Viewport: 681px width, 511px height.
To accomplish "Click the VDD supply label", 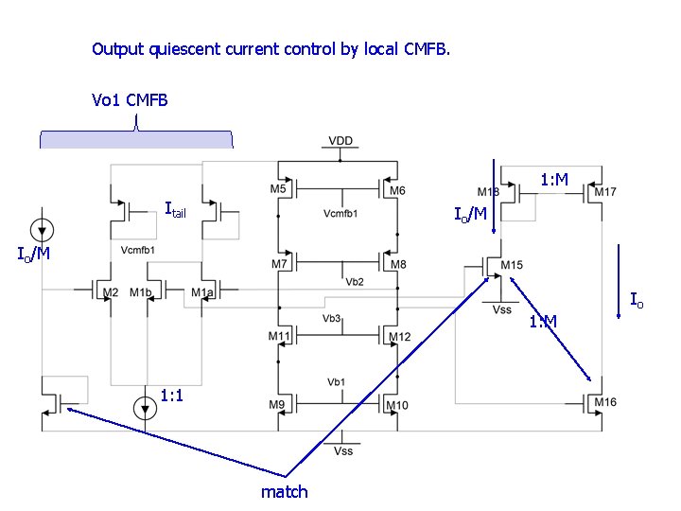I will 340,141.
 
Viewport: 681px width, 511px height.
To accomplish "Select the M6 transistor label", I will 397,190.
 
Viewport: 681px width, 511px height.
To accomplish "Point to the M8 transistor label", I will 397,264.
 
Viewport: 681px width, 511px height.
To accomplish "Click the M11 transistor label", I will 279,336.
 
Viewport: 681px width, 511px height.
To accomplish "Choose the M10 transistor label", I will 397,406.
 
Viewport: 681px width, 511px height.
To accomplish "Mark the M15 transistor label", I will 512,264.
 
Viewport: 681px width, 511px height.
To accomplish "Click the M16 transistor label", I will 605,402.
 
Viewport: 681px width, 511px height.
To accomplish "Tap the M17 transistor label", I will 605,192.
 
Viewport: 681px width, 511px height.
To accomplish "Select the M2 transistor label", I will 111,292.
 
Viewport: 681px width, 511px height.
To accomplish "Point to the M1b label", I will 141,292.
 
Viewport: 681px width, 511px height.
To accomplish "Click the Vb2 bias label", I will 355,281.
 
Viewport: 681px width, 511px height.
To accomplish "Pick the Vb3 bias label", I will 332,318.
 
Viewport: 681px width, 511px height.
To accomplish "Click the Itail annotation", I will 175,209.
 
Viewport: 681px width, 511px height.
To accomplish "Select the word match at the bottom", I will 284,491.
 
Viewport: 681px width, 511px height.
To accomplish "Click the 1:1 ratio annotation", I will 172,395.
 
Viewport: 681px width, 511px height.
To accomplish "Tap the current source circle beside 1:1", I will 145,409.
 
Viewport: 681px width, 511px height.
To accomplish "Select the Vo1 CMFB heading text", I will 130,99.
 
